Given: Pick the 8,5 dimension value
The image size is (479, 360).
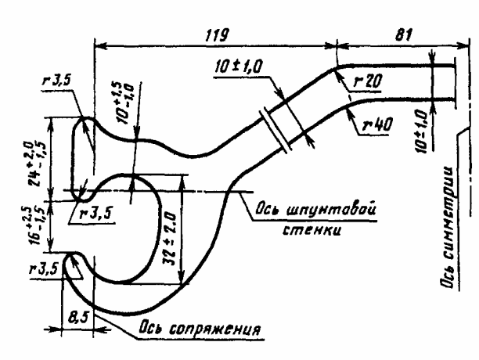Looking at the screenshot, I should pyautogui.click(x=76, y=319).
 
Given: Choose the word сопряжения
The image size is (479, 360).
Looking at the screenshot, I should pyautogui.click(x=222, y=325).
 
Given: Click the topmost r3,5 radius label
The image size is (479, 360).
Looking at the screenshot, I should pyautogui.click(x=59, y=81).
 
